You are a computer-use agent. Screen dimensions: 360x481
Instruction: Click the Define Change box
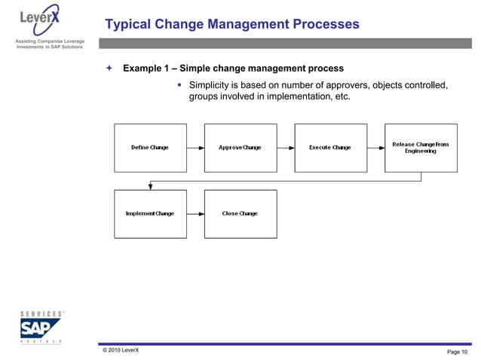(x=149, y=148)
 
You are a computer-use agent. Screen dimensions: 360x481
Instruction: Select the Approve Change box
(x=240, y=148)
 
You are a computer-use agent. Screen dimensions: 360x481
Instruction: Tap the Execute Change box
(x=330, y=148)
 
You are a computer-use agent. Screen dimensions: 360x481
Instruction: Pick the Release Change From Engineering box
(x=421, y=148)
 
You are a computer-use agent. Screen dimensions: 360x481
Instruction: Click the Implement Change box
(x=149, y=214)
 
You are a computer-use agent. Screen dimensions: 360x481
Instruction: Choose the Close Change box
(x=240, y=214)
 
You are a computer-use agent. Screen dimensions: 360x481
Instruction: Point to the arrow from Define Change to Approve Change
(x=195, y=148)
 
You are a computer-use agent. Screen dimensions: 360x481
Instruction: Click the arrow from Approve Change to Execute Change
(x=286, y=148)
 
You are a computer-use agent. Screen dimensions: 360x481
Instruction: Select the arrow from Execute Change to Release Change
(x=376, y=148)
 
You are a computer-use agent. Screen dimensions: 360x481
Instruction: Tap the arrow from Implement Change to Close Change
(x=195, y=214)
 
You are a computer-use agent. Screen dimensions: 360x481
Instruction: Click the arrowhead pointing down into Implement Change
(x=150, y=186)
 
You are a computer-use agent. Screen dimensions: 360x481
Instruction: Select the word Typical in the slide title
(x=129, y=25)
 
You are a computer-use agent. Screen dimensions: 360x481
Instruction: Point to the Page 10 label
(x=457, y=352)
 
